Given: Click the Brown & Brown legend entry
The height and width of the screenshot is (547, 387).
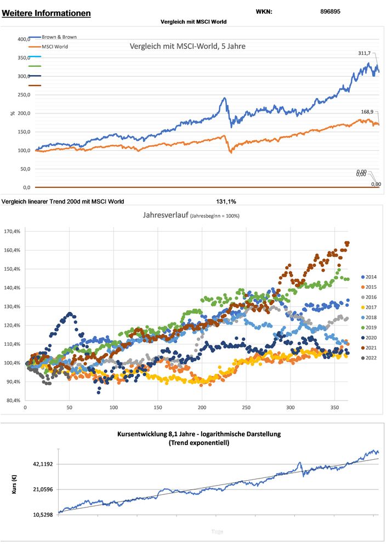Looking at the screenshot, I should (59, 37).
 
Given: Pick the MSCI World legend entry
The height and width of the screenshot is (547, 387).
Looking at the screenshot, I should (55, 47).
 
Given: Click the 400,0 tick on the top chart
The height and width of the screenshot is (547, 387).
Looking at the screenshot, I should (24, 39).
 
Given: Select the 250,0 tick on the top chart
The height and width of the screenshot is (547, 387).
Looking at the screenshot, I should (24, 95).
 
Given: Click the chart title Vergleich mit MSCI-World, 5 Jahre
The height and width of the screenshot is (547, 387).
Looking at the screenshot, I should (187, 47).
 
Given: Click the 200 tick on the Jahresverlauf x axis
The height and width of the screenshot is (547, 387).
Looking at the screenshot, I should (202, 408).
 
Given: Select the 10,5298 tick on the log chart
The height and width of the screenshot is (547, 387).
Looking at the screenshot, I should (41, 515).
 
